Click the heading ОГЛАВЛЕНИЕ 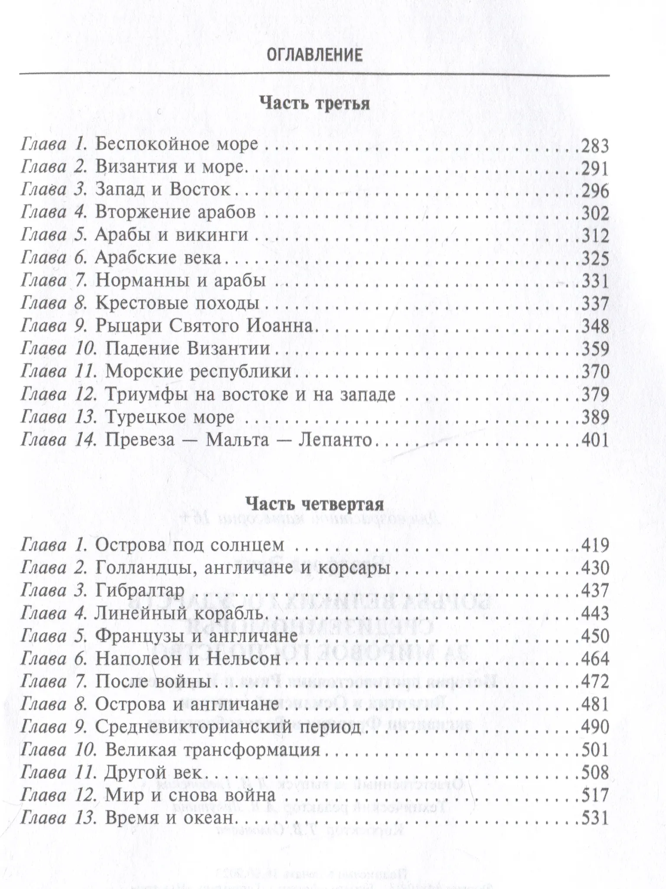[x=314, y=56]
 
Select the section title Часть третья [x=314, y=104]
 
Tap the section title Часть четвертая [x=314, y=504]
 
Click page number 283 [x=595, y=145]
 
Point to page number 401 [x=595, y=441]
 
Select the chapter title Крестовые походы [x=177, y=303]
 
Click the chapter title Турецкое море [x=170, y=418]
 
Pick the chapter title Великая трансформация [x=212, y=750]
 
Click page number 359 [x=595, y=349]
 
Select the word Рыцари [x=128, y=326]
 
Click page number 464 [x=595, y=659]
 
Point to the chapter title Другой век [x=153, y=772]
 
